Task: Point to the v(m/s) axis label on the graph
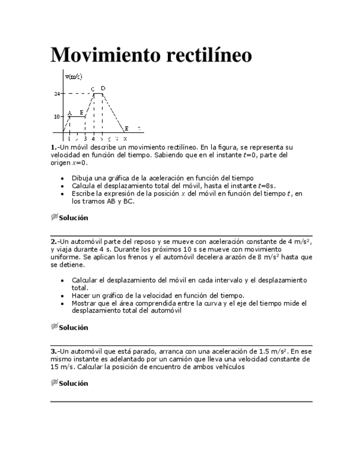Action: tap(74, 76)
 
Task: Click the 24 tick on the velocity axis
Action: tap(57, 94)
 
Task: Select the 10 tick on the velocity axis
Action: tap(57, 116)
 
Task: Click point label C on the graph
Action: tap(93, 89)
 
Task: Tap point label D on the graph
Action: tap(103, 88)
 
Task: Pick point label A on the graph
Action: tap(70, 113)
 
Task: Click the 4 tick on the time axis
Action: tap(93, 138)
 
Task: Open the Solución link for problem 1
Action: tap(73, 218)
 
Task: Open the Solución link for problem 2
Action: tap(73, 328)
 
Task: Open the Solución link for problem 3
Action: tap(73, 383)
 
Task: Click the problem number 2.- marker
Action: tap(54, 242)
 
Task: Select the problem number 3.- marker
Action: tap(54, 351)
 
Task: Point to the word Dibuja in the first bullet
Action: tap(82, 178)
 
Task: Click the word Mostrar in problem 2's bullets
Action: tap(84, 303)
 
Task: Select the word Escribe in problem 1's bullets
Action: tap(84, 193)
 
